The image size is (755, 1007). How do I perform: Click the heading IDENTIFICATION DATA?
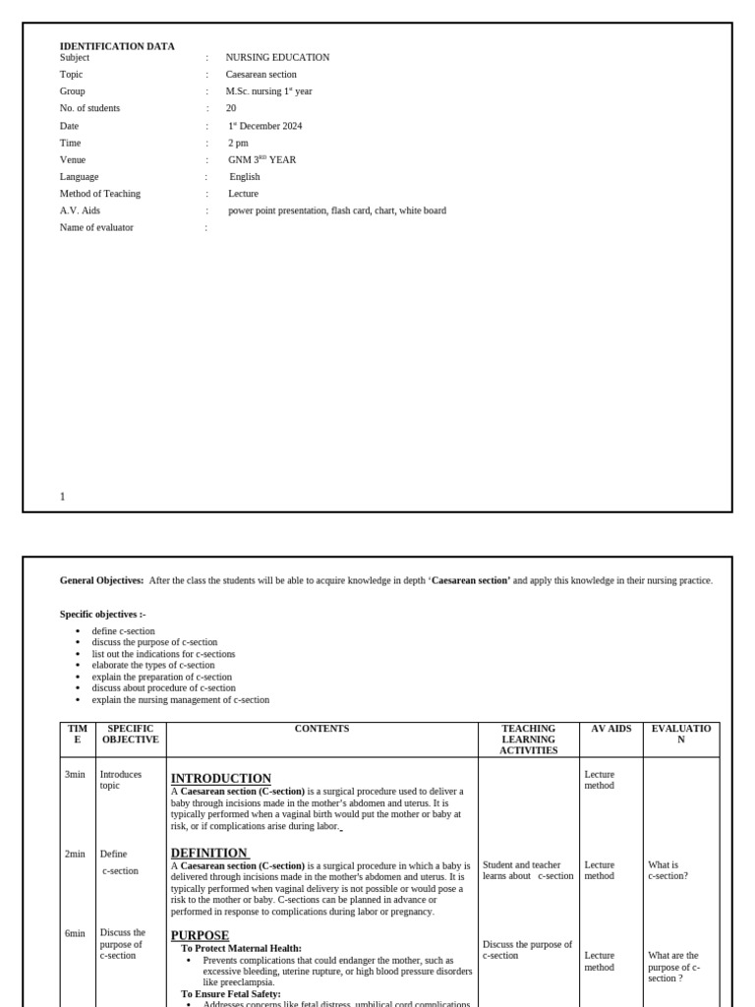click(x=117, y=46)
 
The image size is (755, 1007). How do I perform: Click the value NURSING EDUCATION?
click(x=277, y=58)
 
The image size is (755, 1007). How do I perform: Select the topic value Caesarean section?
click(x=261, y=75)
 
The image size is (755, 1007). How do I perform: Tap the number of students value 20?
click(x=231, y=108)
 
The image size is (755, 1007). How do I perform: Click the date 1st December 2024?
click(x=265, y=126)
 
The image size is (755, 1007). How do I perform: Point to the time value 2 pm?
click(x=238, y=143)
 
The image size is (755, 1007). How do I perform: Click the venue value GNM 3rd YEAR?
click(x=261, y=159)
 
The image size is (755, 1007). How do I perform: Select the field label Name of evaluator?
click(x=96, y=227)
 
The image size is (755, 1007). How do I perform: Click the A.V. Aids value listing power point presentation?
click(x=337, y=210)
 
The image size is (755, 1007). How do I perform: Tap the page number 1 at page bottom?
click(x=63, y=497)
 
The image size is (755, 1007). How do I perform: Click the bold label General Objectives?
click(x=101, y=581)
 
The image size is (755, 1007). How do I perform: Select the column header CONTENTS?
click(x=321, y=729)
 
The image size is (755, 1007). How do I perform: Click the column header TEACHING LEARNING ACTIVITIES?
click(x=528, y=740)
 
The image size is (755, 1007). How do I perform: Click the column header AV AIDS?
click(x=610, y=729)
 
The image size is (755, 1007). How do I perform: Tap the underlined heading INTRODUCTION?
click(x=221, y=778)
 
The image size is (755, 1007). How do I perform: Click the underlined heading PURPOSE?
click(x=200, y=935)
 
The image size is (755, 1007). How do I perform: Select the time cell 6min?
click(x=75, y=933)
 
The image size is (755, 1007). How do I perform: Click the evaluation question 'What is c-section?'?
click(x=668, y=870)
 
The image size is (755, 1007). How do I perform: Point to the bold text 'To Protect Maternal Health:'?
click(x=241, y=948)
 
